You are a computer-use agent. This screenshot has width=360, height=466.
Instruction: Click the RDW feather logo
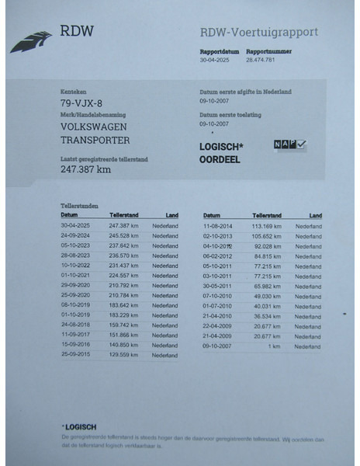click(31, 40)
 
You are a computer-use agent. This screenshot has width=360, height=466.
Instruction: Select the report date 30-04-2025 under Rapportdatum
click(215, 59)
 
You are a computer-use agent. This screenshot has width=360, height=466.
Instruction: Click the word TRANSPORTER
click(95, 141)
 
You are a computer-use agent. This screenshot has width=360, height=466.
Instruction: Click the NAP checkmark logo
click(290, 144)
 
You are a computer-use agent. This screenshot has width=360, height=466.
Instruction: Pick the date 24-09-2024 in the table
click(76, 235)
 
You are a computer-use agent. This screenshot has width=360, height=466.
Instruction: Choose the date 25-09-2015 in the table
click(76, 355)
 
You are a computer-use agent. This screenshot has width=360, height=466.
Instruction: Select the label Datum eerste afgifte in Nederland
click(246, 92)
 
